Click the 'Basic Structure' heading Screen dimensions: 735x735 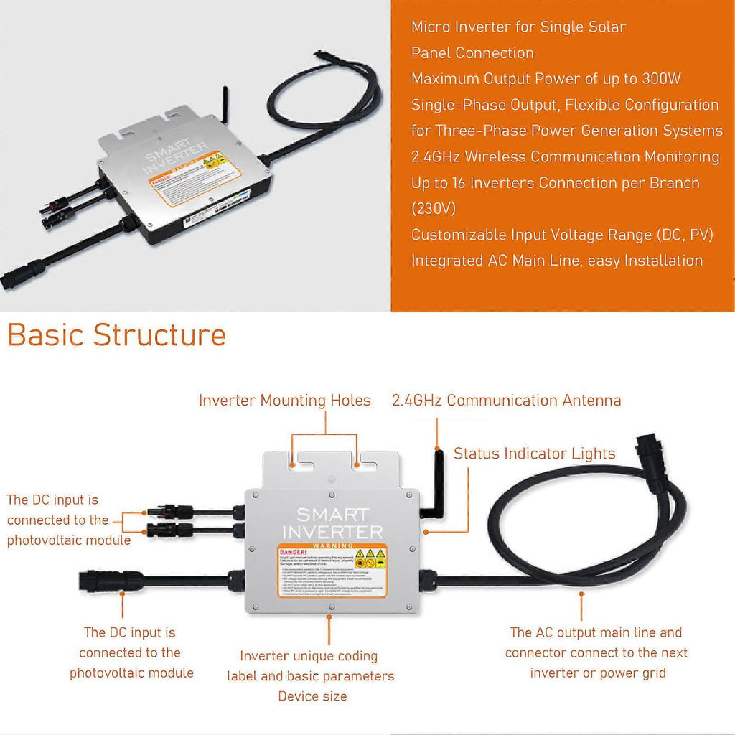click(116, 335)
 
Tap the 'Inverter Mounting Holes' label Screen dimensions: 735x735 click(284, 401)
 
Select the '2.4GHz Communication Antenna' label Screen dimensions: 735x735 click(506, 401)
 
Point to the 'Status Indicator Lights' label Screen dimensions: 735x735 click(534, 454)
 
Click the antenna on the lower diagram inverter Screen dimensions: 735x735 click(436, 474)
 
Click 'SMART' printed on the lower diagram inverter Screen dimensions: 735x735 click(332, 515)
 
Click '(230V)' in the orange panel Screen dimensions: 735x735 click(435, 209)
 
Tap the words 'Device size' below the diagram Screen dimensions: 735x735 click(312, 696)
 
